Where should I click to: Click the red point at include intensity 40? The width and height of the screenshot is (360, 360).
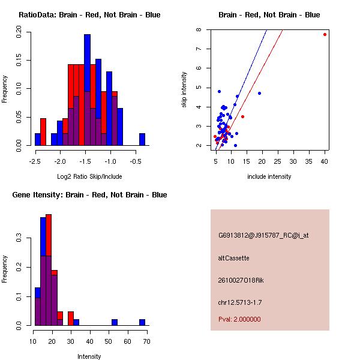pyautogui.click(x=325, y=34)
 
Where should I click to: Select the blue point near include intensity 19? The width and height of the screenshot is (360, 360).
pyautogui.click(x=259, y=93)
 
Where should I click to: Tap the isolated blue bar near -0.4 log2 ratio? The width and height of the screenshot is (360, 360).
pyautogui.click(x=142, y=139)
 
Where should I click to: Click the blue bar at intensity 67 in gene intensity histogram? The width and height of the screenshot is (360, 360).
pyautogui.click(x=142, y=322)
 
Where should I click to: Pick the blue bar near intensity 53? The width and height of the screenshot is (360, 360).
pyautogui.click(x=115, y=322)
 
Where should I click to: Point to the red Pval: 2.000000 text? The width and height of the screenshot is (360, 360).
pyautogui.click(x=239, y=319)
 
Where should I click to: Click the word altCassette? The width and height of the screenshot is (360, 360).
pyautogui.click(x=233, y=258)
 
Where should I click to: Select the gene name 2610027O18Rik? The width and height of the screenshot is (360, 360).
pyautogui.click(x=241, y=280)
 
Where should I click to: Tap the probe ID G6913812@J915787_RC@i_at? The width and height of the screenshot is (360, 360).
pyautogui.click(x=263, y=236)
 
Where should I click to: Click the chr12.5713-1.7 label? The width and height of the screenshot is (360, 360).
pyautogui.click(x=240, y=302)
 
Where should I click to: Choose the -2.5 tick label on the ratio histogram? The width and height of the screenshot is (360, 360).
pyautogui.click(x=35, y=161)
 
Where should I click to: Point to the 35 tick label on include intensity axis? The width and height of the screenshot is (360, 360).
pyautogui.click(x=309, y=161)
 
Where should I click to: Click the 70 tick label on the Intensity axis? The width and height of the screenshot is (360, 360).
pyautogui.click(x=147, y=341)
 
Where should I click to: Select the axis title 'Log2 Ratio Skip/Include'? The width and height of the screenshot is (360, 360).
pyautogui.click(x=89, y=176)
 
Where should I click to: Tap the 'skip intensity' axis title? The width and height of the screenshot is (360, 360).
pyautogui.click(x=184, y=89)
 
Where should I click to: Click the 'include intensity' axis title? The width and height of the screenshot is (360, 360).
pyautogui.click(x=269, y=176)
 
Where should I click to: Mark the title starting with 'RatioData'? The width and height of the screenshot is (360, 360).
pyautogui.click(x=89, y=15)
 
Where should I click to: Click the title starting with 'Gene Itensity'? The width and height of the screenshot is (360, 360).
pyautogui.click(x=89, y=195)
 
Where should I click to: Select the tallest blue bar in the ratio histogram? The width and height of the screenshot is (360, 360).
pyautogui.click(x=87, y=63)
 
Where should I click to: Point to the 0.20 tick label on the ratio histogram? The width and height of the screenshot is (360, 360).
pyautogui.click(x=19, y=32)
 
